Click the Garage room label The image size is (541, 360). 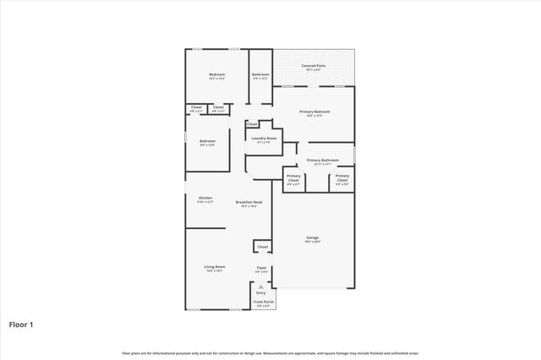click(313, 237)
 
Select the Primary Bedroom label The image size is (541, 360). click(314, 112)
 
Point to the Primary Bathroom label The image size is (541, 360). click(323, 160)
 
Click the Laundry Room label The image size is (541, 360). click(264, 138)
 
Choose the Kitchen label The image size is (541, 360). click(205, 198)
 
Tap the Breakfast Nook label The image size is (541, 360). click(249, 202)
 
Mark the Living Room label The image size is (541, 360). click(214, 267)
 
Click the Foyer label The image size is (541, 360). click(262, 268)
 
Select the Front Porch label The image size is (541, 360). click(263, 302)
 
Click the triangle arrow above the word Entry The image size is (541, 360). click(261, 286)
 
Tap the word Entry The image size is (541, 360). click(261, 292)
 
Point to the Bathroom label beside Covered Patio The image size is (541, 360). click(260, 74)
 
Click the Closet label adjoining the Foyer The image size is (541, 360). click(262, 247)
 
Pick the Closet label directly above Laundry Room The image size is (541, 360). click(252, 124)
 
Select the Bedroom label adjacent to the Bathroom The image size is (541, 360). click(216, 74)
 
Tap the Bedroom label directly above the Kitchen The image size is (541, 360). click(207, 141)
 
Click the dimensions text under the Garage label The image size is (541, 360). click(313, 243)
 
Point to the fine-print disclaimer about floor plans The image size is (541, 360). click(270, 352)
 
